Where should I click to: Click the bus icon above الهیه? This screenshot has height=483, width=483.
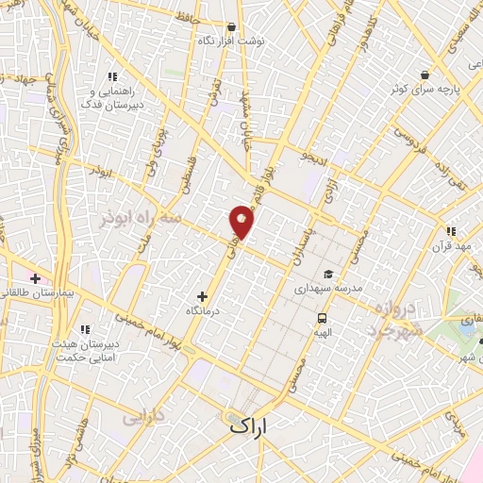(323, 318)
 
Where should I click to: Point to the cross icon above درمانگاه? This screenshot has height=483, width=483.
(201, 296)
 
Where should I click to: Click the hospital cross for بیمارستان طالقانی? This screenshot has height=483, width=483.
(35, 279)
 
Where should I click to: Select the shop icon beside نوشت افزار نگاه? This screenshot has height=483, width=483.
(232, 27)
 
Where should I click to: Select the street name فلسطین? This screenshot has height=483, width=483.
(186, 175)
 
